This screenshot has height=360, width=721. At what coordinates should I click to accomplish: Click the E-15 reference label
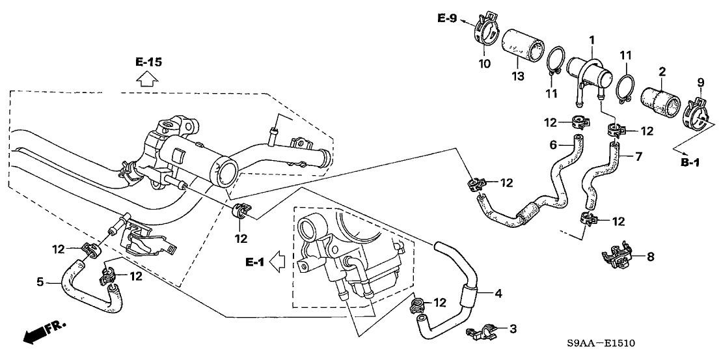(148, 62)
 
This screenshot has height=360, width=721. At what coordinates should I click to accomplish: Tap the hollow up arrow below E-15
(148, 79)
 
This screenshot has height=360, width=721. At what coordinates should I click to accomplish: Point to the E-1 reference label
(256, 262)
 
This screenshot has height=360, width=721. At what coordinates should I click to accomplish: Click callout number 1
(592, 40)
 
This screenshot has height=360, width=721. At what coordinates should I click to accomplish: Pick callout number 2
(662, 71)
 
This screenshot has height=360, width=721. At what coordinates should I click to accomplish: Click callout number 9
(700, 82)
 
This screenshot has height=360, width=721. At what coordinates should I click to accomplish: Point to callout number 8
(649, 257)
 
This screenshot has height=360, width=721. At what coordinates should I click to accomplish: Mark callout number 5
(40, 282)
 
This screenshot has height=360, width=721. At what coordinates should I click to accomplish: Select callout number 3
(513, 329)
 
